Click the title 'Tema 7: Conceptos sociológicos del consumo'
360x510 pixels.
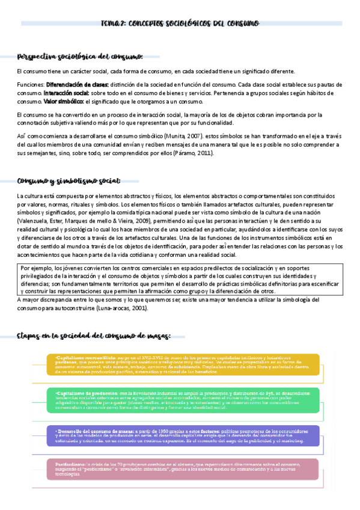pos(180,23)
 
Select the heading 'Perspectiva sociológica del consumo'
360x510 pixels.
pos(80,57)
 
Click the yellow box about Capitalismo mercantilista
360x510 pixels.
pos(183,364)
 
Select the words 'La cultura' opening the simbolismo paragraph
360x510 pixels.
pos(28,196)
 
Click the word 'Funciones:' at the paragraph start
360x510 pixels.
pos(30,85)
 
